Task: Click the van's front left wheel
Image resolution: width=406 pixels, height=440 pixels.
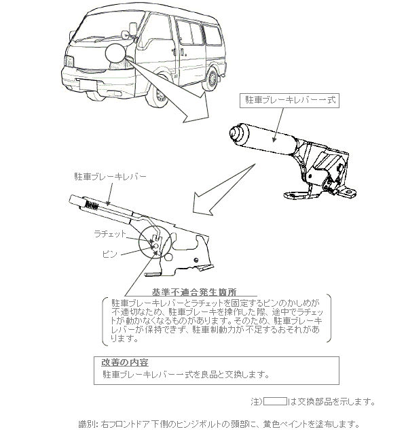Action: coord(159,92)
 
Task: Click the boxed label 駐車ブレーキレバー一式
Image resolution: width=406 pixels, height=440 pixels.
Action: coord(289,101)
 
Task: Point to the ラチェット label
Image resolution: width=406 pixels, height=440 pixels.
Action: coord(110,234)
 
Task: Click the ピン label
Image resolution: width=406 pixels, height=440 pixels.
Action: coord(109,254)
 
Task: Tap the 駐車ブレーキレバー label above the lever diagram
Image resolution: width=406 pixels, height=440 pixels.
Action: coord(111,177)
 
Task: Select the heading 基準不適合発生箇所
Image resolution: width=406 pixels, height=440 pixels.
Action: coord(194,292)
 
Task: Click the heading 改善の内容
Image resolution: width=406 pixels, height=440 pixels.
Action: coord(125,362)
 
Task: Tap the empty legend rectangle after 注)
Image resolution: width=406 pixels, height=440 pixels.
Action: coord(275,401)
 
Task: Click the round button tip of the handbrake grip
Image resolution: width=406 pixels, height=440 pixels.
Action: coord(235,133)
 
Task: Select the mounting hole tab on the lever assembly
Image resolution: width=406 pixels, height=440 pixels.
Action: coord(348,192)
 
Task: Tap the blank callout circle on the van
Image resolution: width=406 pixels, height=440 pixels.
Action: coord(115,53)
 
